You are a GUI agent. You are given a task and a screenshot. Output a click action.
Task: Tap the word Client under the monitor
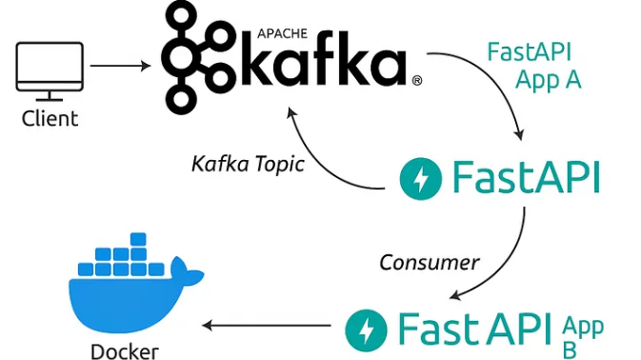[x=50, y=120]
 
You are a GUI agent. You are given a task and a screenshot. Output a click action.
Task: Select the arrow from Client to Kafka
[x=119, y=66]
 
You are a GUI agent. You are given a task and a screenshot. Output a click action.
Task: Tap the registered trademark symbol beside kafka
[x=416, y=83]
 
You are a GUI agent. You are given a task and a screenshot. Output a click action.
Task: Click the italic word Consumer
[x=430, y=260]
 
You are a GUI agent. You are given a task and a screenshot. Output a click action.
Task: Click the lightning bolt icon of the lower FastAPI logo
[x=367, y=330]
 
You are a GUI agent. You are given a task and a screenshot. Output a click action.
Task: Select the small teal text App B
[x=582, y=337]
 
